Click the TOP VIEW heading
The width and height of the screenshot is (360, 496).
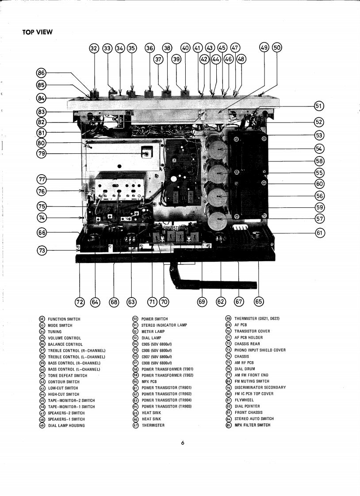[38, 32]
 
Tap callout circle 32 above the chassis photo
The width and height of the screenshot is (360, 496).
[93, 48]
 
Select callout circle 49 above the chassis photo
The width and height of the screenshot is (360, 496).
[264, 48]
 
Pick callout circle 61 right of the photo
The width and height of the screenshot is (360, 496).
[319, 233]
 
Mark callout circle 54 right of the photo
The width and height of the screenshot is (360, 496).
[319, 149]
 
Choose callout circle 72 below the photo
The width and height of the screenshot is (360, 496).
[80, 302]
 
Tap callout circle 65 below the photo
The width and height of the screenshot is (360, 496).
[259, 302]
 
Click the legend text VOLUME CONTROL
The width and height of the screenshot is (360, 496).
[64, 338]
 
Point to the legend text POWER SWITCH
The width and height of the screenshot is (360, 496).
[154, 319]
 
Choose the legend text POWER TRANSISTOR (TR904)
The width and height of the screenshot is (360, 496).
[166, 400]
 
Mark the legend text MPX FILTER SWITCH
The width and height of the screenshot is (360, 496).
[252, 425]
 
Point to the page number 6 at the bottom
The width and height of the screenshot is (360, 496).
[182, 443]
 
